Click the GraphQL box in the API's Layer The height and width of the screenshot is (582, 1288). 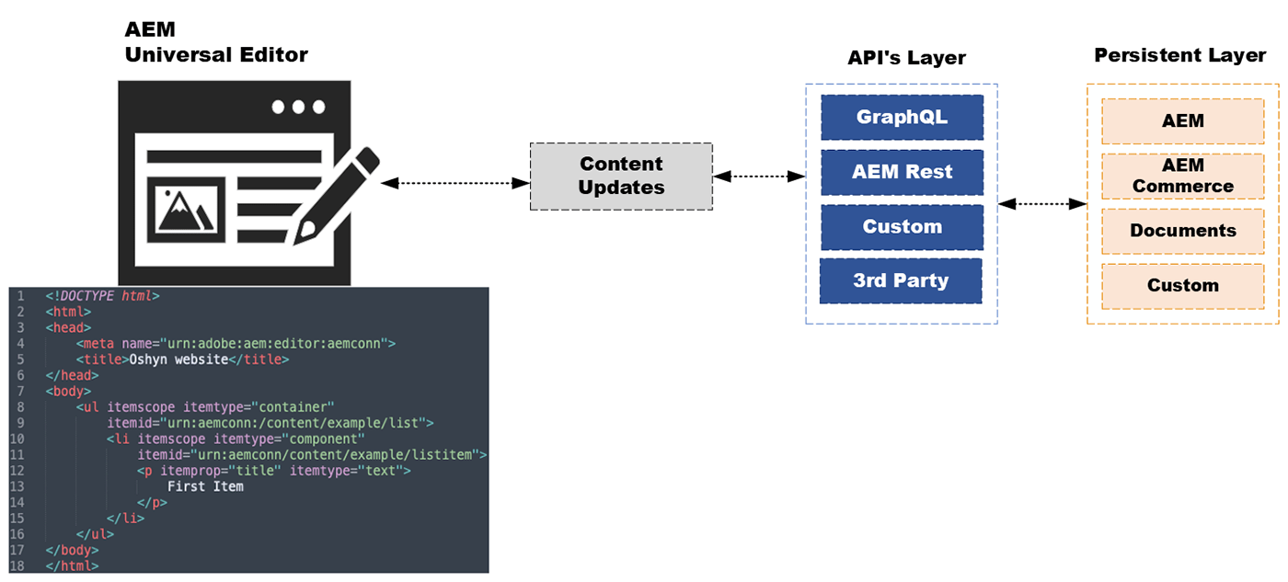tap(902, 118)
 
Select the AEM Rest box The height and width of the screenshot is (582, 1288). tap(902, 172)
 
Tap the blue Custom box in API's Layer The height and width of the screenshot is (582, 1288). tap(902, 227)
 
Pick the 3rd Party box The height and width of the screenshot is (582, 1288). tap(901, 280)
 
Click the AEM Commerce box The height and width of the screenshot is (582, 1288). tap(1182, 176)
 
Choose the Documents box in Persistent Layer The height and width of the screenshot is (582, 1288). tap(1182, 231)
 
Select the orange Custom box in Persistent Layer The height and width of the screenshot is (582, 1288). tap(1182, 286)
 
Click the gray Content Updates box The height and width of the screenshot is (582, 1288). tap(621, 176)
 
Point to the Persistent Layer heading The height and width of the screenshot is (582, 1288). tap(1179, 56)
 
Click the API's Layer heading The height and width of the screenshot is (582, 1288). tap(906, 59)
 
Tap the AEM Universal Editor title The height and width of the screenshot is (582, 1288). tap(215, 42)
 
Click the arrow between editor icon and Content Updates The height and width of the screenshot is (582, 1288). tap(455, 184)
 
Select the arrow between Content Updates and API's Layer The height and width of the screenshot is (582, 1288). tap(759, 176)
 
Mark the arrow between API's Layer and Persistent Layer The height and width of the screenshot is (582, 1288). tap(1042, 204)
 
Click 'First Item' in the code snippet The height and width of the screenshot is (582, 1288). tap(204, 485)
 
